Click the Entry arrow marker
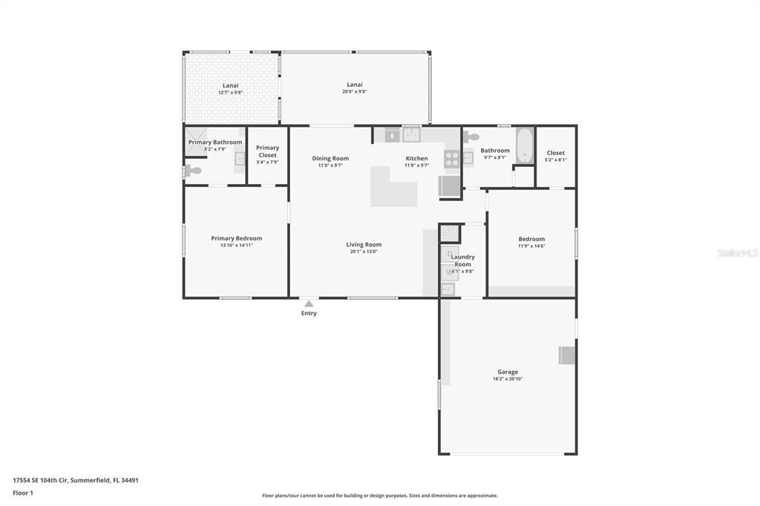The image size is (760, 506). pyautogui.click(x=309, y=303)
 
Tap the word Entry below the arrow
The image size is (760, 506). pyautogui.click(x=309, y=313)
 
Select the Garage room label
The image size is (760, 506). pyautogui.click(x=508, y=372)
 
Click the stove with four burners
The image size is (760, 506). pyautogui.click(x=451, y=158)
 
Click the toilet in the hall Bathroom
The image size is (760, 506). pyautogui.click(x=471, y=137)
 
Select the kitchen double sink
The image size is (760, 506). pyautogui.click(x=412, y=135)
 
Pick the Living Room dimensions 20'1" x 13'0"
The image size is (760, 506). pyautogui.click(x=364, y=252)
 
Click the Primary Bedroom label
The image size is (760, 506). pyautogui.click(x=236, y=238)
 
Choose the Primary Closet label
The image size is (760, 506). pyautogui.click(x=267, y=151)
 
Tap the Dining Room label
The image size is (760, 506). pyautogui.click(x=330, y=158)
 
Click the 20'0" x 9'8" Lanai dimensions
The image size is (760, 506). pyautogui.click(x=354, y=91)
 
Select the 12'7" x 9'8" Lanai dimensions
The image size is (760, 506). pyautogui.click(x=230, y=92)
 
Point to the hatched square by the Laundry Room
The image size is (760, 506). pyautogui.click(x=450, y=233)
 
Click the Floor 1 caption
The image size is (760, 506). pyautogui.click(x=23, y=493)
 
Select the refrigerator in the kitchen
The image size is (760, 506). pyautogui.click(x=450, y=185)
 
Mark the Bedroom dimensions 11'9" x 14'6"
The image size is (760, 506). pyautogui.click(x=531, y=246)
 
